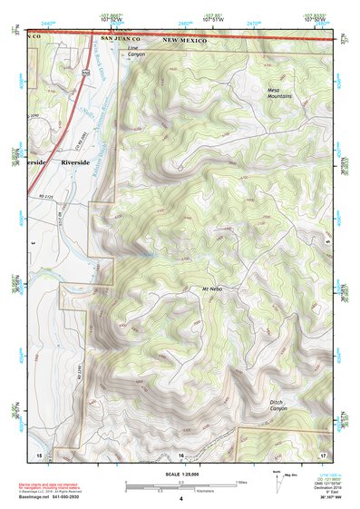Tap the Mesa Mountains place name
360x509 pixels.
click(279, 94)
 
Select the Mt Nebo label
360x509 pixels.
click(211, 289)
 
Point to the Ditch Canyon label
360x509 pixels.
click(282, 405)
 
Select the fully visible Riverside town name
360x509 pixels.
click(77, 162)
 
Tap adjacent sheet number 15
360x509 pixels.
click(38, 452)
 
